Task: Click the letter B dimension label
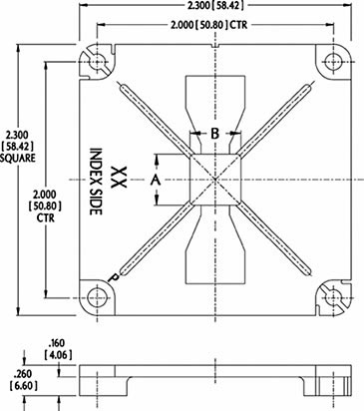coord(215,133)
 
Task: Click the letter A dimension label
coord(156,181)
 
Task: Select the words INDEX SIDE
coord(96,182)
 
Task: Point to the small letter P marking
coord(115,277)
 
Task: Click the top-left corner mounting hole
coord(99,62)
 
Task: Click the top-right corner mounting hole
coord(332,61)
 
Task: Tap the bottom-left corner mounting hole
coord(98,297)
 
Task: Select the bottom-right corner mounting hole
coord(333,297)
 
